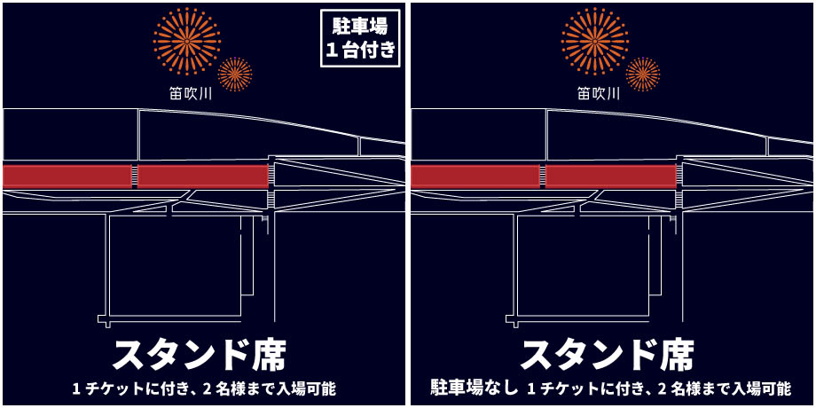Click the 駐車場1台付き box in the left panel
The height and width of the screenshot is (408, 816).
pyautogui.click(x=361, y=38)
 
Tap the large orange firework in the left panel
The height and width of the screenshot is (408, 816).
pyautogui.click(x=187, y=41)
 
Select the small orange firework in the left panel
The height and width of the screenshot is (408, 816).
pyautogui.click(x=235, y=74)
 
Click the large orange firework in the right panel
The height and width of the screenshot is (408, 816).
pyautogui.click(x=595, y=41)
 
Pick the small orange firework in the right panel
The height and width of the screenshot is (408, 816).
pyautogui.click(x=643, y=74)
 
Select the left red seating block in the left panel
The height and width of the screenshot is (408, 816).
pyautogui.click(x=67, y=177)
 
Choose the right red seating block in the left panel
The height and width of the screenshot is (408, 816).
pyautogui.click(x=202, y=177)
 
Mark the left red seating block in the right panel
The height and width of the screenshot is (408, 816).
pyautogui.click(x=475, y=177)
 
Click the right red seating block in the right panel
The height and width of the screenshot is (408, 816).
pyautogui.click(x=610, y=177)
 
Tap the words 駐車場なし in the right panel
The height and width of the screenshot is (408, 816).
pyautogui.click(x=475, y=388)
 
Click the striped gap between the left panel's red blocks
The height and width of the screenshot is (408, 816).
pyautogui.click(x=135, y=177)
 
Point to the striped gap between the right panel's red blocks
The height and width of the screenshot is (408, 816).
pyautogui.click(x=543, y=177)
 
